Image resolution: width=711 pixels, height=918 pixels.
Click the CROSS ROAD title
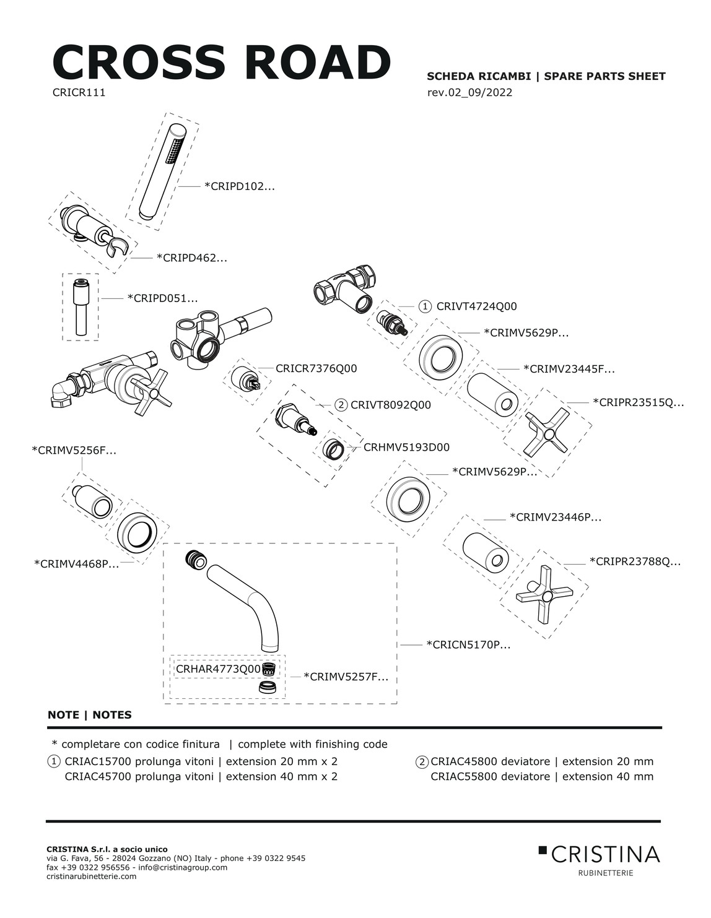click(x=221, y=62)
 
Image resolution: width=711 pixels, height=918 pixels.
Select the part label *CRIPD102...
click(x=239, y=186)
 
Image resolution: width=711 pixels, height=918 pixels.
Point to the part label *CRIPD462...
click(x=191, y=258)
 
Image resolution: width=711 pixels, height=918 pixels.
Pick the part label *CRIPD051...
click(x=162, y=298)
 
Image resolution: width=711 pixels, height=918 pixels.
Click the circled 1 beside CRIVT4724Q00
click(x=425, y=306)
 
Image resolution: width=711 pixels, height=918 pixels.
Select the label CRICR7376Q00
click(x=316, y=368)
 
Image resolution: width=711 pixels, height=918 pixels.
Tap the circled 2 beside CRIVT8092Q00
click(x=341, y=405)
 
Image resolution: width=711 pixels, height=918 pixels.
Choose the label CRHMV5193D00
click(x=406, y=447)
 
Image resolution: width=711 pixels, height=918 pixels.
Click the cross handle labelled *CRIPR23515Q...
click(x=546, y=431)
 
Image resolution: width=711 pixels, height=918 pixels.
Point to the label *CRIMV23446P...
click(x=555, y=517)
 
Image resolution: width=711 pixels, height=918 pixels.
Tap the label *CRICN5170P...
click(x=468, y=645)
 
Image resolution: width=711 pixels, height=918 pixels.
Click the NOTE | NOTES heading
click(x=90, y=715)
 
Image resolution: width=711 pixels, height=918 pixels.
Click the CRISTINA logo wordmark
click(x=604, y=855)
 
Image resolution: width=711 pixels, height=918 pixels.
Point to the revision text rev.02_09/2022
click(x=469, y=93)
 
